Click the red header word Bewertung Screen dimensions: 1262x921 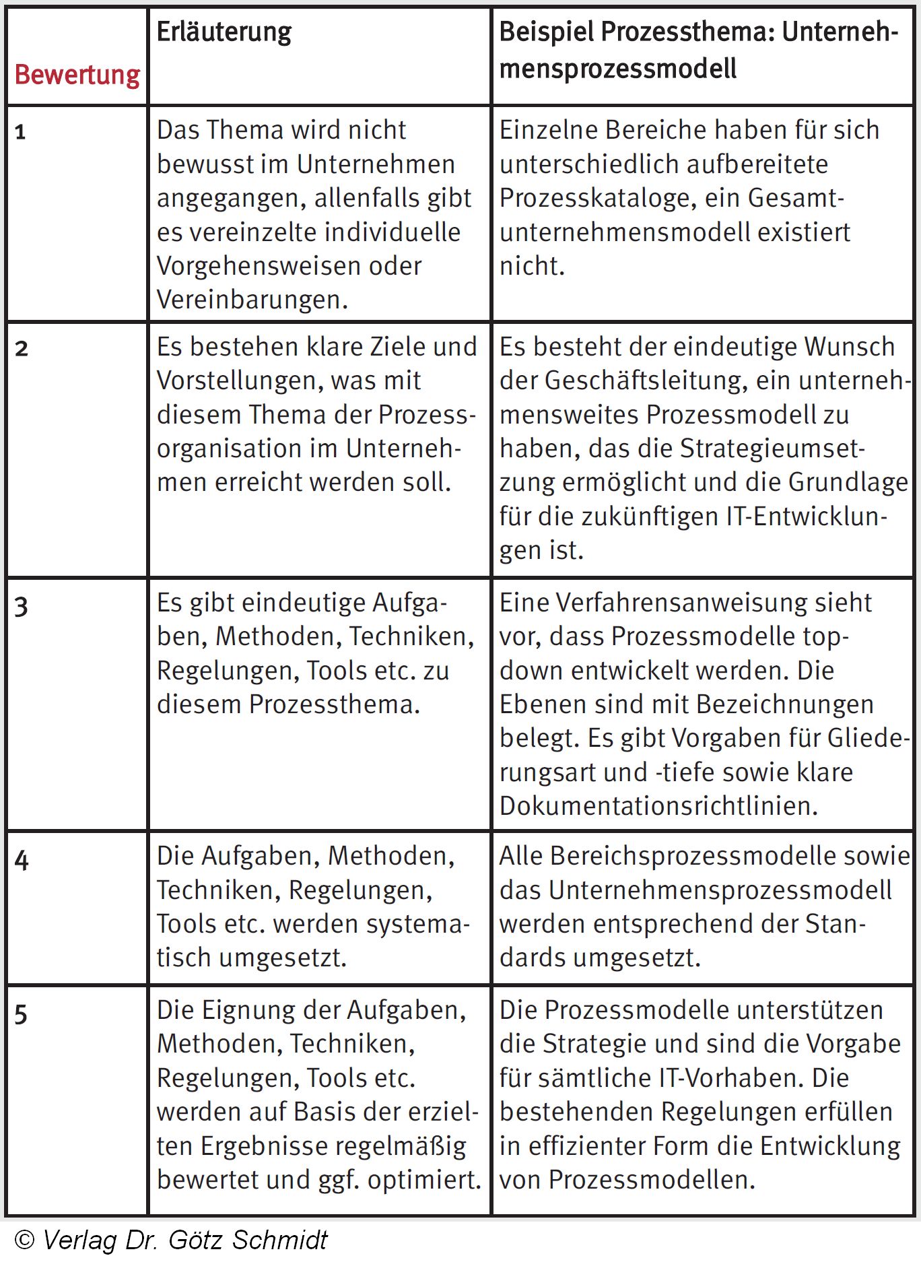click(77, 75)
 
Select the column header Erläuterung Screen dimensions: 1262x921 click(224, 32)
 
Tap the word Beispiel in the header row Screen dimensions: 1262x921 click(546, 32)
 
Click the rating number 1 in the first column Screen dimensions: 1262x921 click(20, 132)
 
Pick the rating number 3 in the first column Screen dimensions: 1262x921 click(22, 607)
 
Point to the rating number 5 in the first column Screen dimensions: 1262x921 click(21, 1014)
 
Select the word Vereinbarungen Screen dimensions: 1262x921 click(252, 300)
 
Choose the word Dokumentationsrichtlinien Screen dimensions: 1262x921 click(658, 806)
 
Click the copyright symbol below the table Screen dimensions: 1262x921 click(24, 1240)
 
